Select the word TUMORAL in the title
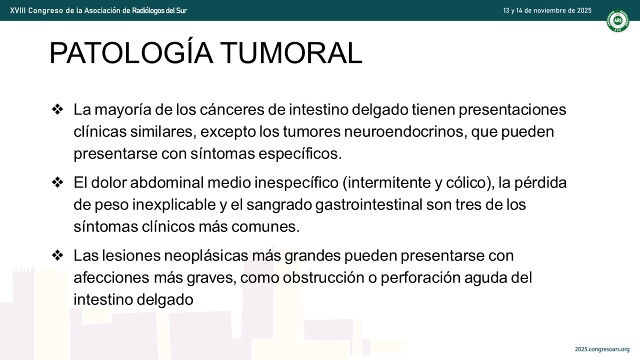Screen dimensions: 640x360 [291, 53]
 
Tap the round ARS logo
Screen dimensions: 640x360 [618, 20]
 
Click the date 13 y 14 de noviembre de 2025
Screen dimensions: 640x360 [547, 10]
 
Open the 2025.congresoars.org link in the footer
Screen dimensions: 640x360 [602, 349]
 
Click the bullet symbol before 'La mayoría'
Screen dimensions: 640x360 [57, 109]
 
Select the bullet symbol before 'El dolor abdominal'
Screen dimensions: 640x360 [57, 182]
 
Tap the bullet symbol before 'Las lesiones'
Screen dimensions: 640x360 [57, 255]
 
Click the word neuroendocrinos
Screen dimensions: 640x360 [405, 131]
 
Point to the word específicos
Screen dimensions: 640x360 [300, 153]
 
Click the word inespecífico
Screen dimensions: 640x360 [296, 182]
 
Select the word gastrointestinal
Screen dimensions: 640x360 [369, 205]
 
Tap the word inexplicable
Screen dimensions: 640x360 [174, 205]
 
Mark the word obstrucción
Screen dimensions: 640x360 [323, 277]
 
